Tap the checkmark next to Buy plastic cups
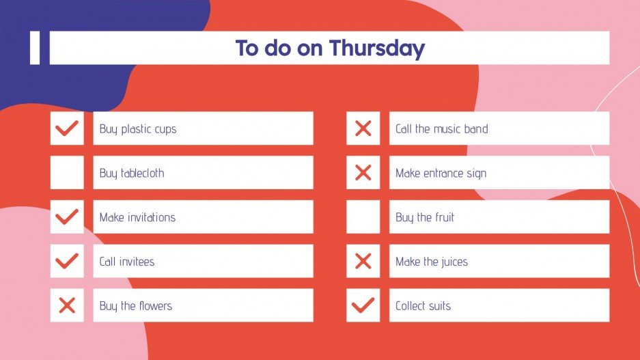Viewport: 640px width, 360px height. pyautogui.click(x=67, y=128)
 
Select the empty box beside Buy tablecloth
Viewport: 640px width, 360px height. pyautogui.click(x=67, y=173)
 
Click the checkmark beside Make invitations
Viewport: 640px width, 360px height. pyautogui.click(x=67, y=217)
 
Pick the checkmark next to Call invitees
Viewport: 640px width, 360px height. pyautogui.click(x=67, y=261)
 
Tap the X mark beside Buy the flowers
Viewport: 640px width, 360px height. pyautogui.click(x=67, y=305)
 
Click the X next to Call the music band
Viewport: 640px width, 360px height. pyautogui.click(x=363, y=128)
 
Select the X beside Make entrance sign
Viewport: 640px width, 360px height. pyautogui.click(x=363, y=173)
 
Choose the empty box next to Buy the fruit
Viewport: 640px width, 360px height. pyautogui.click(x=363, y=217)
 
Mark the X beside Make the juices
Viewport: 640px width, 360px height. pyautogui.click(x=363, y=261)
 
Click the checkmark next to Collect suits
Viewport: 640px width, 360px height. pyautogui.click(x=363, y=305)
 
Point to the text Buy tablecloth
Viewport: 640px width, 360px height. pyautogui.click(x=132, y=174)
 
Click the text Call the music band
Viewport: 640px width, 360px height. pyautogui.click(x=441, y=129)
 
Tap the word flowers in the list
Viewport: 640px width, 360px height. pyautogui.click(x=155, y=306)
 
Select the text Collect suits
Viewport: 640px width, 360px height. pyautogui.click(x=423, y=306)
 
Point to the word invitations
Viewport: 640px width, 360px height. pyautogui.click(x=148, y=218)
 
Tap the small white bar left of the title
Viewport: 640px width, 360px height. pyautogui.click(x=35, y=48)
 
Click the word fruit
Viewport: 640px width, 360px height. pyautogui.click(x=444, y=218)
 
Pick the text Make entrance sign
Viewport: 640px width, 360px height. pyautogui.click(x=441, y=174)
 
